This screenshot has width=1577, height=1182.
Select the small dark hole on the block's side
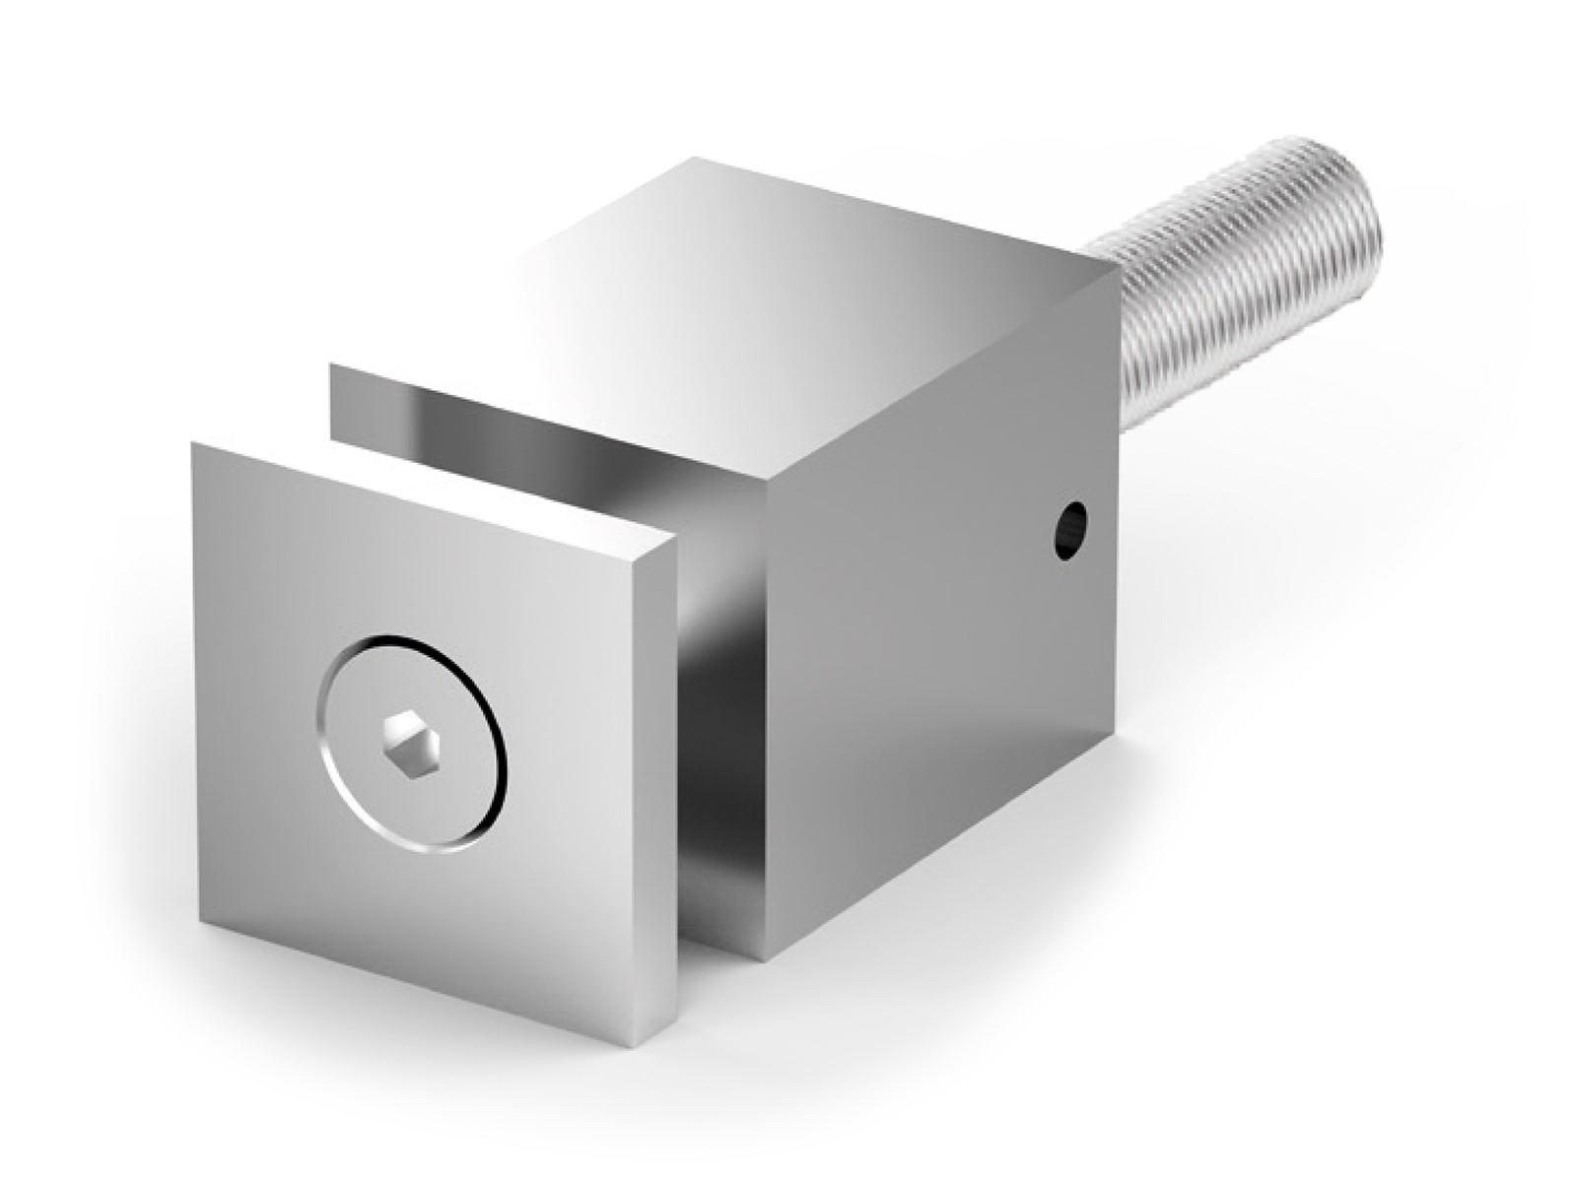(1069, 529)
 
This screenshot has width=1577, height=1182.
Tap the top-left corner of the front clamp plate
(194, 445)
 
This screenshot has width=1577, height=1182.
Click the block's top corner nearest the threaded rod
(1119, 266)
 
